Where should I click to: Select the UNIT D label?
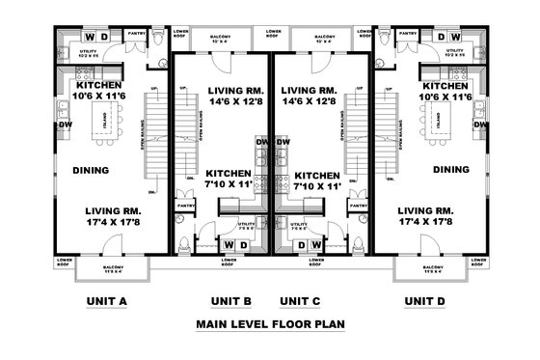coord(424,301)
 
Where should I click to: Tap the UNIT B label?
coord(230,301)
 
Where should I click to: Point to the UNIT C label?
coord(300,301)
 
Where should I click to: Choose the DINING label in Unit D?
coord(450,170)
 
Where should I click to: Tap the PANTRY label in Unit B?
coord(184,206)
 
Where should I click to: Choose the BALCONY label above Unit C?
coord(325,36)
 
